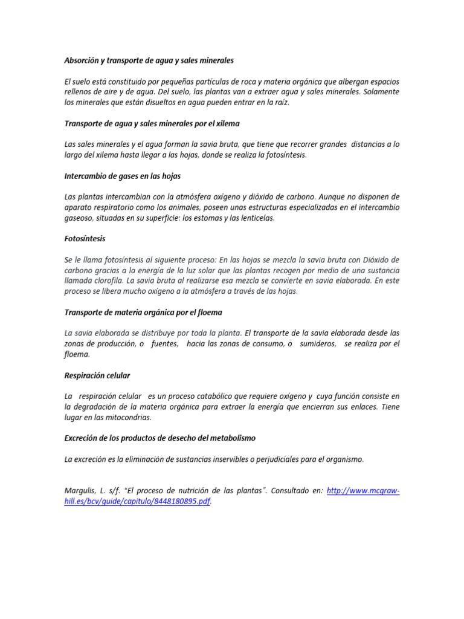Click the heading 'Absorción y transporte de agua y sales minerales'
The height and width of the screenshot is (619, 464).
(149, 61)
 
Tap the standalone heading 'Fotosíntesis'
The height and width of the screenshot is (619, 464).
(85, 239)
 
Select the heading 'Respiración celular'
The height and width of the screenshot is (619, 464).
(97, 375)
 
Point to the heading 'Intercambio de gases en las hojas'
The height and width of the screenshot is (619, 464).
(123, 176)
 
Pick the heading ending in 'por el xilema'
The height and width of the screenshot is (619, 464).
(152, 123)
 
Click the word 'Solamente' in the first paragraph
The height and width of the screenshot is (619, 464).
(379, 92)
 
